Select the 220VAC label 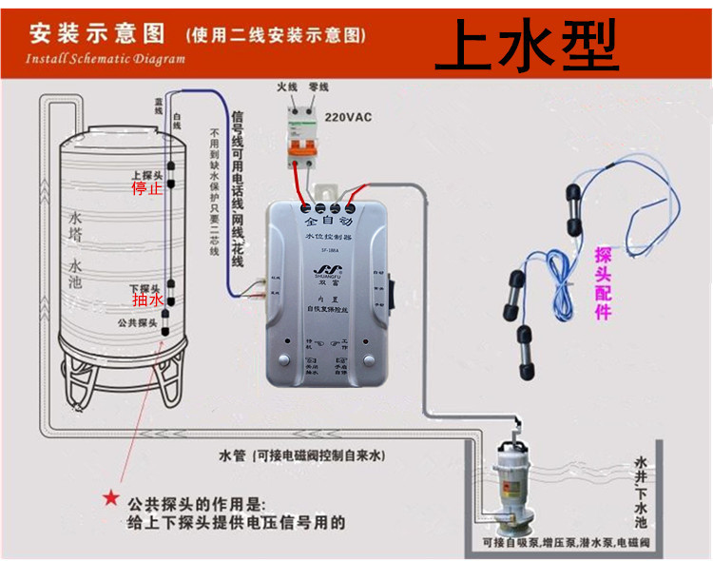point(350,119)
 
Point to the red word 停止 point(146,188)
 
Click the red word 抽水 point(147,300)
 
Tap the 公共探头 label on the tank point(136,323)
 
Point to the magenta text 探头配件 point(603,282)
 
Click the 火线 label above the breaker point(288,87)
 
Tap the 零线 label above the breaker point(318,87)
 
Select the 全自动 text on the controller point(329,222)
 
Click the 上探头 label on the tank point(146,176)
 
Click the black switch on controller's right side point(391,291)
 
